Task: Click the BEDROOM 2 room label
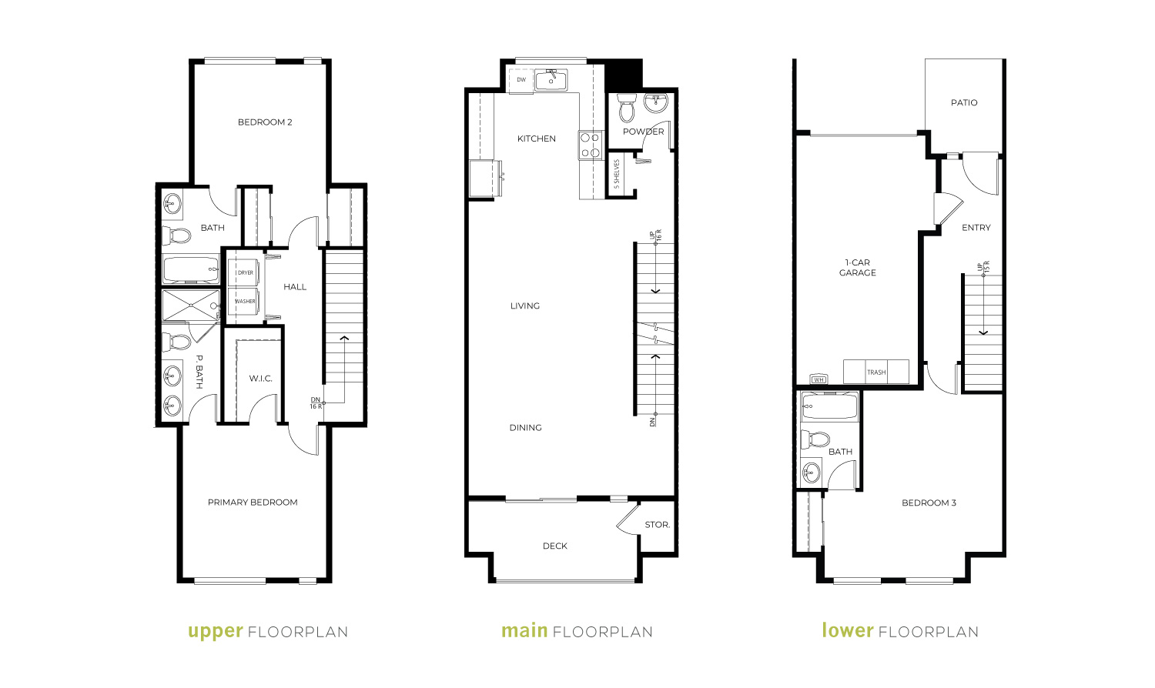265,122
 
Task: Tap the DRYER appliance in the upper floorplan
244,272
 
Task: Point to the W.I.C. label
260,379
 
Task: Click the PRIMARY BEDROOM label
253,503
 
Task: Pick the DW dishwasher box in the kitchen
521,80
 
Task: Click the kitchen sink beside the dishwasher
551,80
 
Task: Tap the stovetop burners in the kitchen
590,145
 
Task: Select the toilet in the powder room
627,107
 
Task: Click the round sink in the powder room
656,102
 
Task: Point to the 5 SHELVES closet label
617,174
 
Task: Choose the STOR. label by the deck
658,525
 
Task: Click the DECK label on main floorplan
555,546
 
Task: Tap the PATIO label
964,102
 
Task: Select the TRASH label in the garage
876,372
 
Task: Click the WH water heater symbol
819,379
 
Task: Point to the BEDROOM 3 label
929,503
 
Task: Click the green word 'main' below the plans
524,630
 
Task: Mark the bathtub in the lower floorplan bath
829,406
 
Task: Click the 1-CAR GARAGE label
857,268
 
